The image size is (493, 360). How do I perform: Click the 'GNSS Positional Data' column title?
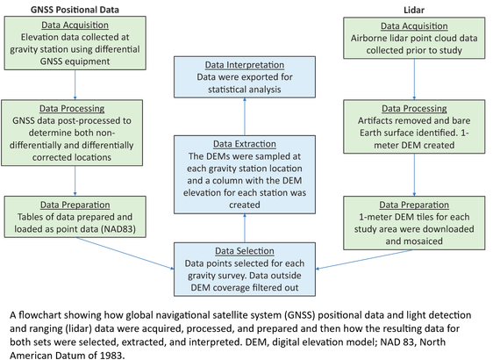[x=75, y=10]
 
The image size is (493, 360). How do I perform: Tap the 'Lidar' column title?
[x=414, y=10]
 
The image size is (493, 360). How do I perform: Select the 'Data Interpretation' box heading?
[x=245, y=65]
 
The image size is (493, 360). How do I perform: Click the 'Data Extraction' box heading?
[x=245, y=144]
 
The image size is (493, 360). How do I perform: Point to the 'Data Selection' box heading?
[x=245, y=251]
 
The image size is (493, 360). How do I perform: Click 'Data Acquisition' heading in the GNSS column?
[x=75, y=25]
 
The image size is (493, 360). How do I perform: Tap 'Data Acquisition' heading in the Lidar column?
[x=414, y=25]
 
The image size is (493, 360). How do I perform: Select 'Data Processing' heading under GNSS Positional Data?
[x=72, y=108]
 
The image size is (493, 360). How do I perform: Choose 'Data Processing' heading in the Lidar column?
[x=414, y=108]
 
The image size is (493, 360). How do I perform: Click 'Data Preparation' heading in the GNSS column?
[x=75, y=205]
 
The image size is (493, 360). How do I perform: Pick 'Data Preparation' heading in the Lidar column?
[x=414, y=205]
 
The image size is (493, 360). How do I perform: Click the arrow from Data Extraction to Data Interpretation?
[x=245, y=117]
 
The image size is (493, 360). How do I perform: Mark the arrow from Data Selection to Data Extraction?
[x=245, y=228]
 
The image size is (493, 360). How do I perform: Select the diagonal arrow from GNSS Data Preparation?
[x=125, y=254]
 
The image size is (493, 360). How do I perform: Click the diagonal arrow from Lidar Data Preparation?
[x=365, y=260]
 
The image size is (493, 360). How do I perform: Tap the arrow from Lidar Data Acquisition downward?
[x=414, y=79]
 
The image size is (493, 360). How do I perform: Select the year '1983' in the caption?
[x=111, y=356]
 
